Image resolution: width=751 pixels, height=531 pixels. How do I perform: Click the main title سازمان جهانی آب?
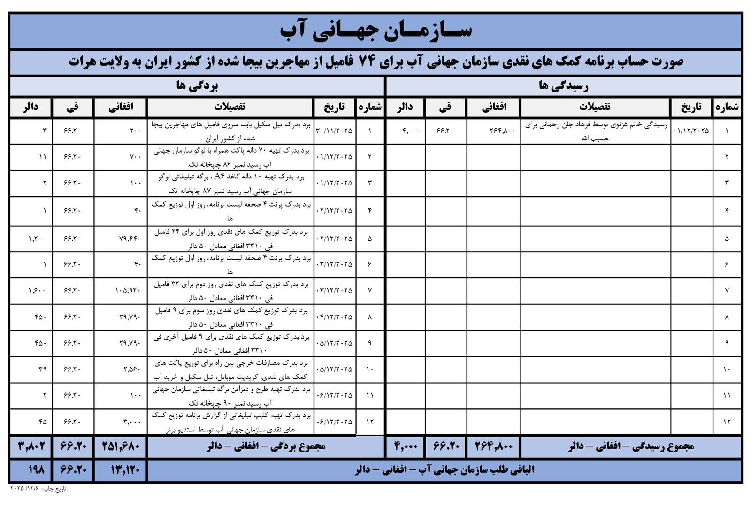(375, 31)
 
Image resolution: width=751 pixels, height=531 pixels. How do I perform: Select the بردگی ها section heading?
(197, 86)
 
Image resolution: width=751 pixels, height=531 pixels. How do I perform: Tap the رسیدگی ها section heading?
(563, 86)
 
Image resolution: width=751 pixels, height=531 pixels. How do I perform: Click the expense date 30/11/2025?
(334, 131)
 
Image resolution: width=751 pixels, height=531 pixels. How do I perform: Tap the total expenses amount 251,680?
(121, 446)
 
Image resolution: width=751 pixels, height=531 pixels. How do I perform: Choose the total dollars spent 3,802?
(31, 446)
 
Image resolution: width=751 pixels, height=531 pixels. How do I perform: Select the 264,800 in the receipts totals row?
(494, 446)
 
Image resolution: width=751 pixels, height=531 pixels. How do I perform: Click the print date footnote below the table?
(38, 489)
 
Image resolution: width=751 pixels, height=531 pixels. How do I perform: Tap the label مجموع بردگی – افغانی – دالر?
(266, 446)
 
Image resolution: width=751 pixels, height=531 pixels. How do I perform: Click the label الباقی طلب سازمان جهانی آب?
(444, 470)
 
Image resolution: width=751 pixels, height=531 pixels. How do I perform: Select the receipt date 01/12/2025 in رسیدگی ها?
(691, 131)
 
